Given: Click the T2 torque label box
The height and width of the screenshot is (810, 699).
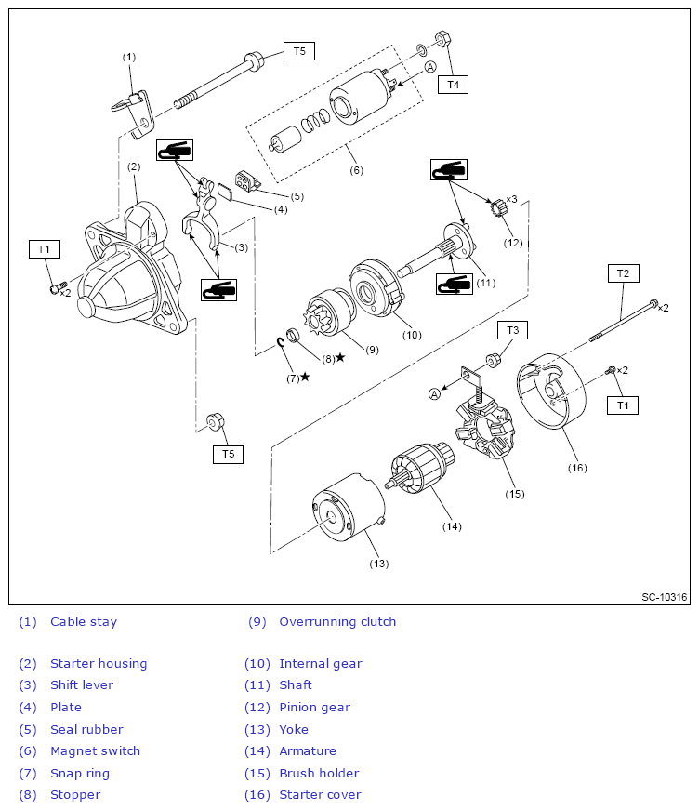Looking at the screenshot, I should click(x=624, y=273).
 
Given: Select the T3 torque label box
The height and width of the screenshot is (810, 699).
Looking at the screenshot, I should click(x=512, y=330).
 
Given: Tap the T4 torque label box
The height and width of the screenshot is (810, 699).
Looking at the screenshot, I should click(x=453, y=85).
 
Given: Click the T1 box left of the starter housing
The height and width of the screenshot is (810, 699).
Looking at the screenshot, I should click(x=44, y=249).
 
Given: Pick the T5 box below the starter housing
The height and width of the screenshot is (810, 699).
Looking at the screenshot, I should click(x=228, y=454).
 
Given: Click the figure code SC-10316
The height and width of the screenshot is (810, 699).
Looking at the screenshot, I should click(x=664, y=597).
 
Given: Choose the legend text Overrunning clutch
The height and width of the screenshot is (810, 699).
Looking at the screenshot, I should click(x=337, y=621).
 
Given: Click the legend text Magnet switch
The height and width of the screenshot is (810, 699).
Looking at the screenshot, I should click(x=95, y=750).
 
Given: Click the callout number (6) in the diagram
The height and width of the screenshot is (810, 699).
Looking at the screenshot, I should click(x=356, y=170).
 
